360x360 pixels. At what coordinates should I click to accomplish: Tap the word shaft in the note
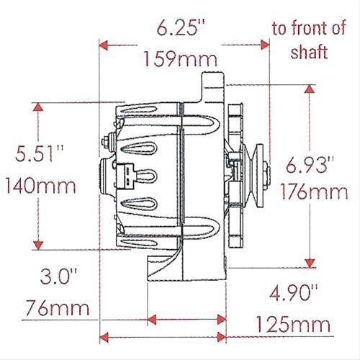311,52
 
